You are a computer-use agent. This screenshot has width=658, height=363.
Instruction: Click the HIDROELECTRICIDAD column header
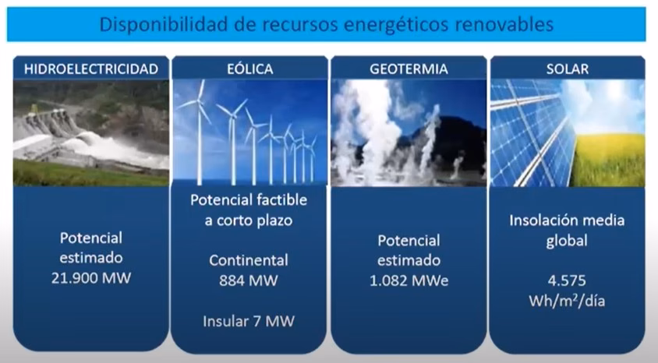(91, 69)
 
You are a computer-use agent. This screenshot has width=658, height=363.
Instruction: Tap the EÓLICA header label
(251, 69)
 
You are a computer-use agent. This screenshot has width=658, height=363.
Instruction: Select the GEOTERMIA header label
(409, 69)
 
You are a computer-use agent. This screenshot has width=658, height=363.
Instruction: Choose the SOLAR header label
(568, 69)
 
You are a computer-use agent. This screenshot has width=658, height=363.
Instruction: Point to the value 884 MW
(249, 280)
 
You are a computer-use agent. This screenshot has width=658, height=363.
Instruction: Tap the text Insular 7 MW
(249, 319)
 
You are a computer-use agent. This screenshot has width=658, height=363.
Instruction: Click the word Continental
(249, 260)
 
